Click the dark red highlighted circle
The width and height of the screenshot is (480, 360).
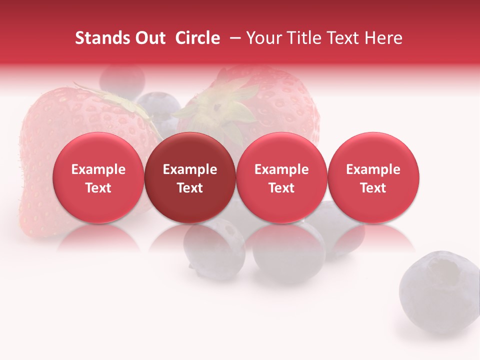click(189, 177)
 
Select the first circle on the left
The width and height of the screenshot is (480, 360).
click(98, 177)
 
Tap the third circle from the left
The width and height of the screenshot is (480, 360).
click(281, 177)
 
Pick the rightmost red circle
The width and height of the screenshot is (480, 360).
click(373, 177)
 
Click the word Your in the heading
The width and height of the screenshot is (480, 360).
click(262, 38)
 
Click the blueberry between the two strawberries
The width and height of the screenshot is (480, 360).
click(159, 107)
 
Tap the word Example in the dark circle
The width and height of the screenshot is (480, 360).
click(190, 169)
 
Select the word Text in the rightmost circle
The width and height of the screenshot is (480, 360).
click(373, 188)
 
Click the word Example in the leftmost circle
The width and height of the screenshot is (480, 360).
click(98, 169)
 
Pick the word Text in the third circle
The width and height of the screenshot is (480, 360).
click(281, 188)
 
